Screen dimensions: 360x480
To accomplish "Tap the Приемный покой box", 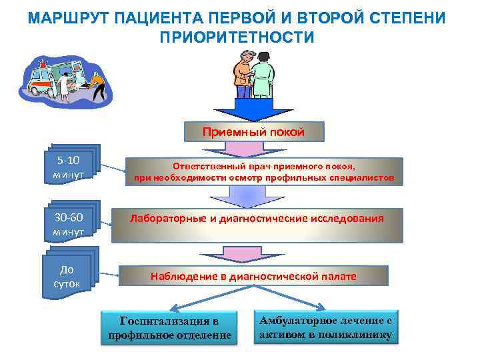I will tap(253, 132).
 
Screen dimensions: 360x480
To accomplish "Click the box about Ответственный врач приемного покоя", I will tap(264, 171).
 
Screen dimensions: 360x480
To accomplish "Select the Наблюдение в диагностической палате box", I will tap(253, 276).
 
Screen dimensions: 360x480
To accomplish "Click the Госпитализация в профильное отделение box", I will tap(169, 328).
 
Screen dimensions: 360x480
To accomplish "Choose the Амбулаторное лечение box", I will tap(326, 327).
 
